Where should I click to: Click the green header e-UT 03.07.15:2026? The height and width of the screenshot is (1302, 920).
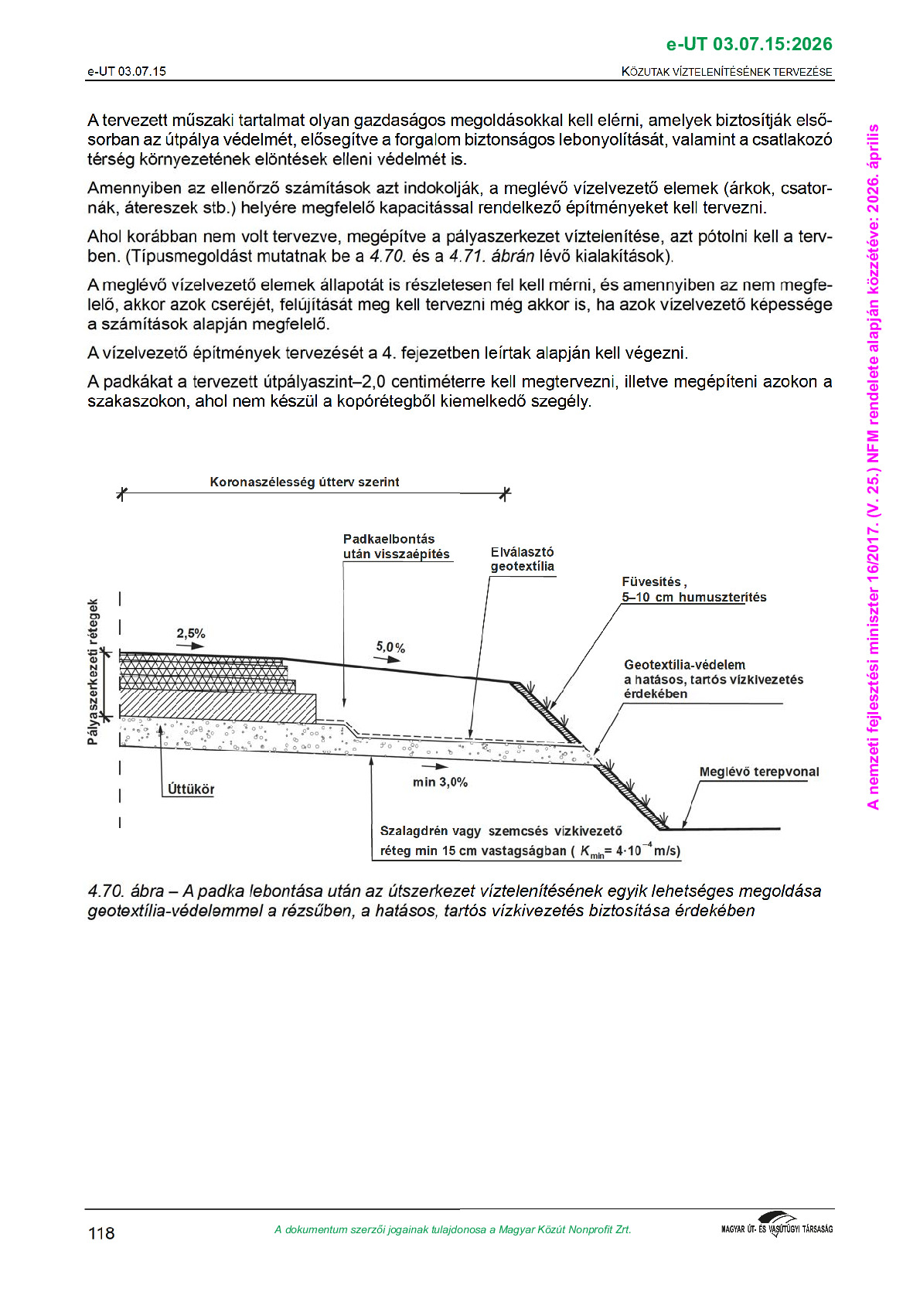748,44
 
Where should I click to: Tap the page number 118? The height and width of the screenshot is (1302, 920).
101,1233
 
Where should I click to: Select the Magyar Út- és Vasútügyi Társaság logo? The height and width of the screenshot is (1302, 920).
776,1226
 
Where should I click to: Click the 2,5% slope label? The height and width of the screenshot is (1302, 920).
191,634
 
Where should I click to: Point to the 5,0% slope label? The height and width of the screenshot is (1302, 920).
390,647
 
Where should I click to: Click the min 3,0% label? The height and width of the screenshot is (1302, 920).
440,782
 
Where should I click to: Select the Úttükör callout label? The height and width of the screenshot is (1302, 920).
191,789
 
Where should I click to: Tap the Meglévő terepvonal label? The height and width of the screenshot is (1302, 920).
758,772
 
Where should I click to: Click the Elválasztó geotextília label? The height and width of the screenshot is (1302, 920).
523,559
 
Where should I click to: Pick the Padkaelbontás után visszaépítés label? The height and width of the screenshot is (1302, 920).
396,547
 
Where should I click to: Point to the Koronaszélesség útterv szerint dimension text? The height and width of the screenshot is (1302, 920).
305,482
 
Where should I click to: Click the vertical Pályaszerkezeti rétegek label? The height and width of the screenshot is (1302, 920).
94,672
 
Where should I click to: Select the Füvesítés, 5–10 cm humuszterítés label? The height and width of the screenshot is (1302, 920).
693,589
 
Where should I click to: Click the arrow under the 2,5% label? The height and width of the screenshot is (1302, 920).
190,646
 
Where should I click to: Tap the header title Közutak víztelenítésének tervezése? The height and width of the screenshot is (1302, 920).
727,72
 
